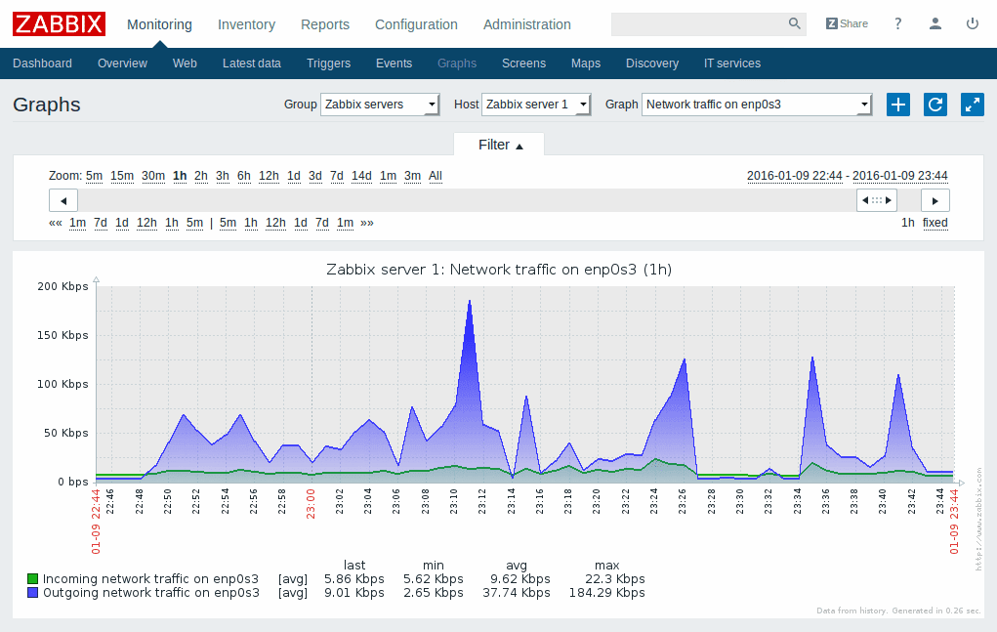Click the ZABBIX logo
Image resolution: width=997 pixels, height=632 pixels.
59,23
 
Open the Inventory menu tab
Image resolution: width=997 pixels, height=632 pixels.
246,24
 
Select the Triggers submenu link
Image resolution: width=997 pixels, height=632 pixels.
328,63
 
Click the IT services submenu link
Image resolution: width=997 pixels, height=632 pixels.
731,63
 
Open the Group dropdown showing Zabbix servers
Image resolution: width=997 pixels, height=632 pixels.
381,105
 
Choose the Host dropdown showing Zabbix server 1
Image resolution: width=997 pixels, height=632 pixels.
537,105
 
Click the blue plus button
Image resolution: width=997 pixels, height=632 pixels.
898,105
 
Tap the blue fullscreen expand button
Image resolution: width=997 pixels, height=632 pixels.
972,105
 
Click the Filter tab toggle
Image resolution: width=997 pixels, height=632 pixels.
500,145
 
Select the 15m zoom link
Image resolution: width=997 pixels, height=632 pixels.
122,176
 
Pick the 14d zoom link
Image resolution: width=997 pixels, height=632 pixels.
361,176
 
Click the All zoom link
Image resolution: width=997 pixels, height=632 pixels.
436,176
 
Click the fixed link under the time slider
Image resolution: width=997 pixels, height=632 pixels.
935,223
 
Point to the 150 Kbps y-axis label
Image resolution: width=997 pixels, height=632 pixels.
62,335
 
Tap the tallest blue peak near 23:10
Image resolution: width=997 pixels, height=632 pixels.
470,302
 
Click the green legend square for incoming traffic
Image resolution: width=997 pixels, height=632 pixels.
33,578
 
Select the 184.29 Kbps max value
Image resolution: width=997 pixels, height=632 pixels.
606,592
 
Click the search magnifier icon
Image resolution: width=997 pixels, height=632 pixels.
794,23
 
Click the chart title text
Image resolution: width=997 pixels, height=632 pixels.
498,270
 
